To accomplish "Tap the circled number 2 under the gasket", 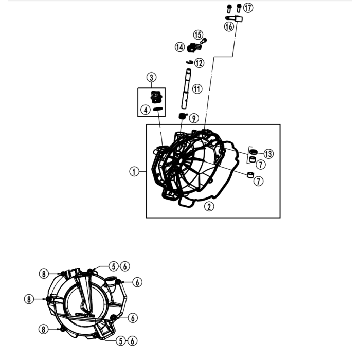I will coord(208,207).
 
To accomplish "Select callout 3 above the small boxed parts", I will coord(151,78).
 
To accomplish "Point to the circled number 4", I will coord(146,109).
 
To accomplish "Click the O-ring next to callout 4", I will coord(158,109).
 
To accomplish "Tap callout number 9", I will coord(193,118).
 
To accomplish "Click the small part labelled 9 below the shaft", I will coord(182,117).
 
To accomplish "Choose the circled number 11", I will coord(197,89).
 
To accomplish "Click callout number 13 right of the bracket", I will coord(269,154).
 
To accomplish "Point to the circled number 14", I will coord(179,47).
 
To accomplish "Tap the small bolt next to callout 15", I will coord(204,40).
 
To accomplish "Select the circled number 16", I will coord(229,26).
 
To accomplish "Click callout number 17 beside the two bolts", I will coord(248,8).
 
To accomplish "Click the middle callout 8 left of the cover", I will coord(30,298).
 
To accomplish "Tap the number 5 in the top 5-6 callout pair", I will coord(113,266).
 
